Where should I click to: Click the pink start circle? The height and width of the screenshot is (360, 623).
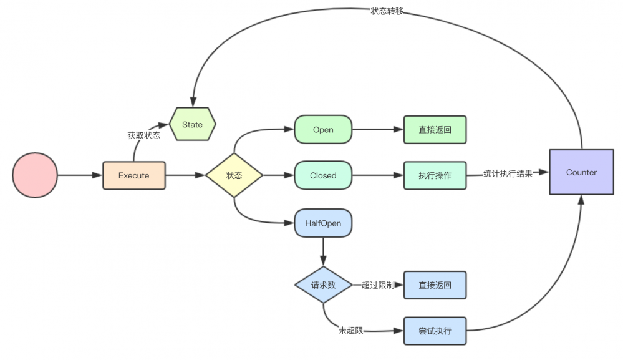click(35, 175)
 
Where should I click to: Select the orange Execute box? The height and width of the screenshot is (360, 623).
click(134, 175)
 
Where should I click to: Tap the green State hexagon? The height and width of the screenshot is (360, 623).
click(193, 124)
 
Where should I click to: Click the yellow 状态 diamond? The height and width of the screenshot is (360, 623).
click(234, 175)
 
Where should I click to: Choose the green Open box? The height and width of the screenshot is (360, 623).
click(323, 130)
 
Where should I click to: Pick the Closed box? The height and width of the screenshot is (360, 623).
click(323, 175)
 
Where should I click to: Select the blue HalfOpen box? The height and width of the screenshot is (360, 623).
click(323, 223)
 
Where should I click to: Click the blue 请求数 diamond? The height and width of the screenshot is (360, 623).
click(323, 285)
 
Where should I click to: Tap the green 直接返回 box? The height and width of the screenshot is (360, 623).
click(435, 130)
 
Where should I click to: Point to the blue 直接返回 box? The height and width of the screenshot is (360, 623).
click(435, 285)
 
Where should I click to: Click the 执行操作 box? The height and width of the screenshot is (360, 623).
click(435, 175)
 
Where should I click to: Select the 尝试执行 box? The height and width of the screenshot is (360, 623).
click(435, 330)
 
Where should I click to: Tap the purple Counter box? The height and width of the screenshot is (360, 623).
click(581, 172)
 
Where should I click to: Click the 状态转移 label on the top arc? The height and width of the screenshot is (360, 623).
click(386, 11)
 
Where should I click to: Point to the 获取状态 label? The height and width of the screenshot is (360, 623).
click(143, 135)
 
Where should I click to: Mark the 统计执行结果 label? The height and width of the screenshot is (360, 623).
click(508, 174)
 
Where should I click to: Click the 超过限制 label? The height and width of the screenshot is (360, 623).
click(377, 285)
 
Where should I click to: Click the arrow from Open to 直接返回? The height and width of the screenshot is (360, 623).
click(378, 130)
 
